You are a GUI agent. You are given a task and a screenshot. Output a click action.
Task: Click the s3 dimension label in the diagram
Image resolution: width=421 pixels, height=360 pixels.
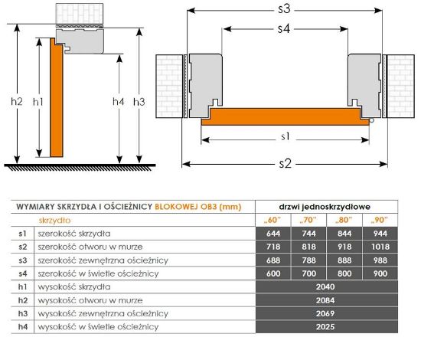click(x=284, y=9)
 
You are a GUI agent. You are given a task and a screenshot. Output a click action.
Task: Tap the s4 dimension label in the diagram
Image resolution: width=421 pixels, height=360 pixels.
click(x=284, y=28)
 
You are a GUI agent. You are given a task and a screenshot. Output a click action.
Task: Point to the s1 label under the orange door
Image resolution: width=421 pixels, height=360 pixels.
click(x=286, y=137)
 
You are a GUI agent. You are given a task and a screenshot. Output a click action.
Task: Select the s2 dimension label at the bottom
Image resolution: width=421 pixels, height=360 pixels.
click(x=286, y=163)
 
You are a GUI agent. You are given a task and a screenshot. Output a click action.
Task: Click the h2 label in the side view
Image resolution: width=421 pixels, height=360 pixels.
click(x=17, y=102)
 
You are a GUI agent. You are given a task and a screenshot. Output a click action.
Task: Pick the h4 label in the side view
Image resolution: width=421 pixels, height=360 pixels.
click(x=119, y=102)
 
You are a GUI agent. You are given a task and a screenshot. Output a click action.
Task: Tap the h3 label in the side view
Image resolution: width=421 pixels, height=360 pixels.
click(x=139, y=102)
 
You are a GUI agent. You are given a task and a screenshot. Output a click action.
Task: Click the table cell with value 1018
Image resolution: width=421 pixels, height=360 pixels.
click(x=380, y=247)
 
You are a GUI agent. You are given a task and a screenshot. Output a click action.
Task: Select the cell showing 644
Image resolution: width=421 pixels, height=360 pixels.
click(x=273, y=234)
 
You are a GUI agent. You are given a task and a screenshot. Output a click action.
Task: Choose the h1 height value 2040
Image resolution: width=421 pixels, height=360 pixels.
click(x=325, y=286)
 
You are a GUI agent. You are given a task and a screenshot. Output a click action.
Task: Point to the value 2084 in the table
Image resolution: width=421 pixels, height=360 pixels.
click(x=325, y=300)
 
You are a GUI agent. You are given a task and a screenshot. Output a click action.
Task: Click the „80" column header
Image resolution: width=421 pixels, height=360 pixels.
click(x=344, y=220)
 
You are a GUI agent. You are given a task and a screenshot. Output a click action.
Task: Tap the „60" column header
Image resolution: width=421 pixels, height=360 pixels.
click(x=273, y=220)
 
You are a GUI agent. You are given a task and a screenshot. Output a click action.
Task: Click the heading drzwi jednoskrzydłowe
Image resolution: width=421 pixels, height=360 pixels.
click(x=325, y=207)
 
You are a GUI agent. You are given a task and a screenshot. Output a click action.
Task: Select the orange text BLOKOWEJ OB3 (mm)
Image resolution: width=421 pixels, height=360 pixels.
click(x=198, y=207)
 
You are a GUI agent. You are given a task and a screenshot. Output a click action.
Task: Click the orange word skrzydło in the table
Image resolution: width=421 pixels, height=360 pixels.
click(x=55, y=221)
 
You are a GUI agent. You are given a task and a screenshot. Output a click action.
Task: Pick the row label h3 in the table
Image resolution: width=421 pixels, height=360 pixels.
click(x=23, y=313)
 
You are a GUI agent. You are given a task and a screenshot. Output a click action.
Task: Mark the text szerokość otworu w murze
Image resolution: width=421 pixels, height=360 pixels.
click(x=90, y=247)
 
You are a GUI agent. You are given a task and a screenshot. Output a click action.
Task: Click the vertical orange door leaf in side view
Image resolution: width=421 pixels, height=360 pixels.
click(x=57, y=97)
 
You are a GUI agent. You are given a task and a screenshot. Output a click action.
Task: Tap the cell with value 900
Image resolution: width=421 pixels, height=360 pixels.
click(x=380, y=273)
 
